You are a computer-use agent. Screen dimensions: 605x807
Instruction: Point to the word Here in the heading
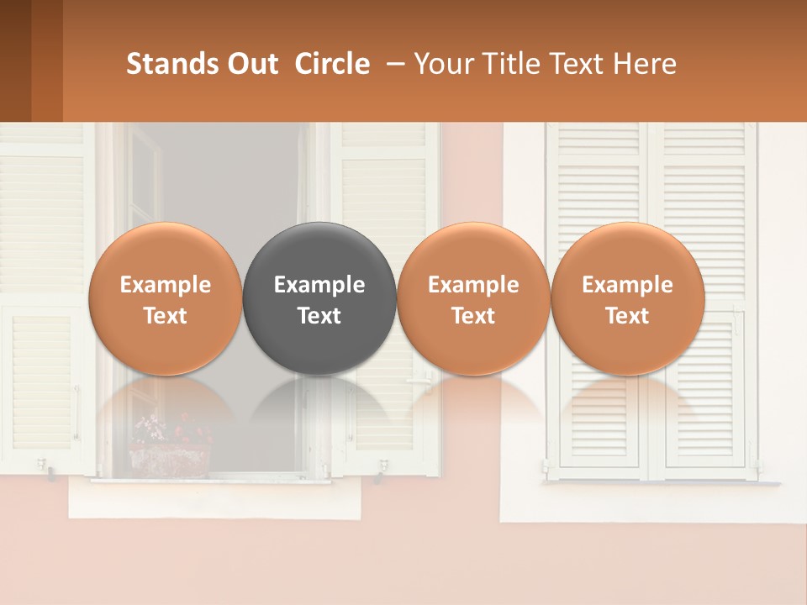644,64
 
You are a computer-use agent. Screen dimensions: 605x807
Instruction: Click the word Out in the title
252,64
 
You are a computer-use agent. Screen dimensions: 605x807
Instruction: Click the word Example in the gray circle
319,285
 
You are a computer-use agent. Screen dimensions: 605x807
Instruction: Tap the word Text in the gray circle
319,316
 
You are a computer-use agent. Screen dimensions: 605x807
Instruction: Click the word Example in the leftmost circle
165,285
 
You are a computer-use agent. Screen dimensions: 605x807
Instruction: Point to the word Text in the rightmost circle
627,316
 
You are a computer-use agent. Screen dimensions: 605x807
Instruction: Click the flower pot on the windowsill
169,458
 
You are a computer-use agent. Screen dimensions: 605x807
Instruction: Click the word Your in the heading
440,64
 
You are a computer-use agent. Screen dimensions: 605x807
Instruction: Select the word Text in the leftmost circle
165,316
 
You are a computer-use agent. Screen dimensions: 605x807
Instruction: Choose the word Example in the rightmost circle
627,285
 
